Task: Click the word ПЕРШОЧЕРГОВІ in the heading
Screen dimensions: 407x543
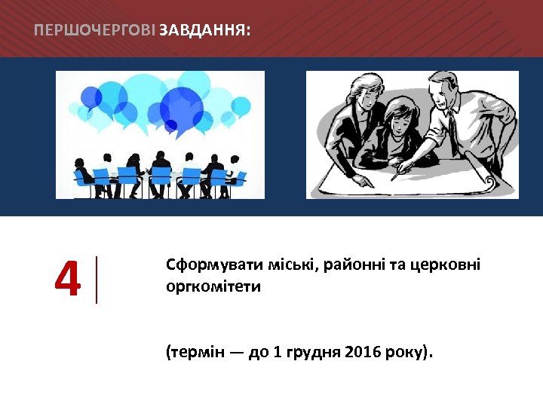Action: [95, 30]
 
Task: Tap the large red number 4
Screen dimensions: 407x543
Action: [68, 280]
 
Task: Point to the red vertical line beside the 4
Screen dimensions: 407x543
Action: [97, 280]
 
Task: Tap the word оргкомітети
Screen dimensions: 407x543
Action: [213, 287]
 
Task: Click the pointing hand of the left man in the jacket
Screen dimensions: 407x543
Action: [363, 180]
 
